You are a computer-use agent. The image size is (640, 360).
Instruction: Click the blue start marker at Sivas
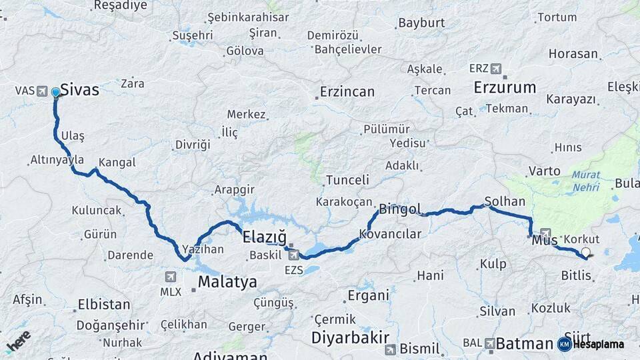[x=55, y=93]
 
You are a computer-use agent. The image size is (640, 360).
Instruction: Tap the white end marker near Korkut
[x=586, y=252]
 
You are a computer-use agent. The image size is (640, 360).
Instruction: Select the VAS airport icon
[x=43, y=91]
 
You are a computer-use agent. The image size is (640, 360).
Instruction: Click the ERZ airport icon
[x=495, y=69]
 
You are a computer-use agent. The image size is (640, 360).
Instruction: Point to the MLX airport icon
[x=170, y=277]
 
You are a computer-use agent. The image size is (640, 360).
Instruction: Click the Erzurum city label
[x=505, y=87]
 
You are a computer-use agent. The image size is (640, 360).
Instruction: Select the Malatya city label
[x=227, y=282]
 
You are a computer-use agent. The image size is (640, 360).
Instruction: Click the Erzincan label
[x=347, y=92]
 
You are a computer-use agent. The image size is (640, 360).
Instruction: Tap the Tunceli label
[x=347, y=180]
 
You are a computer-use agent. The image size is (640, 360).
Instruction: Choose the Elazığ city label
[x=264, y=237]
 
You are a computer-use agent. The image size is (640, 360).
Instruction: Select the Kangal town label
[x=117, y=163]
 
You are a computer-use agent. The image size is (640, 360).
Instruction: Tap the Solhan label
[x=505, y=201]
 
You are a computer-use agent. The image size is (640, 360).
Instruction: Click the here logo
[x=18, y=341]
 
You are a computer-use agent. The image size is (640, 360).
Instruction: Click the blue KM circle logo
[x=564, y=344]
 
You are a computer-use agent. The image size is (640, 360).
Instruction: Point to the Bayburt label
[x=421, y=23]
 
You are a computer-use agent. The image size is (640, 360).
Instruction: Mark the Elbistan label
[x=104, y=305]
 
